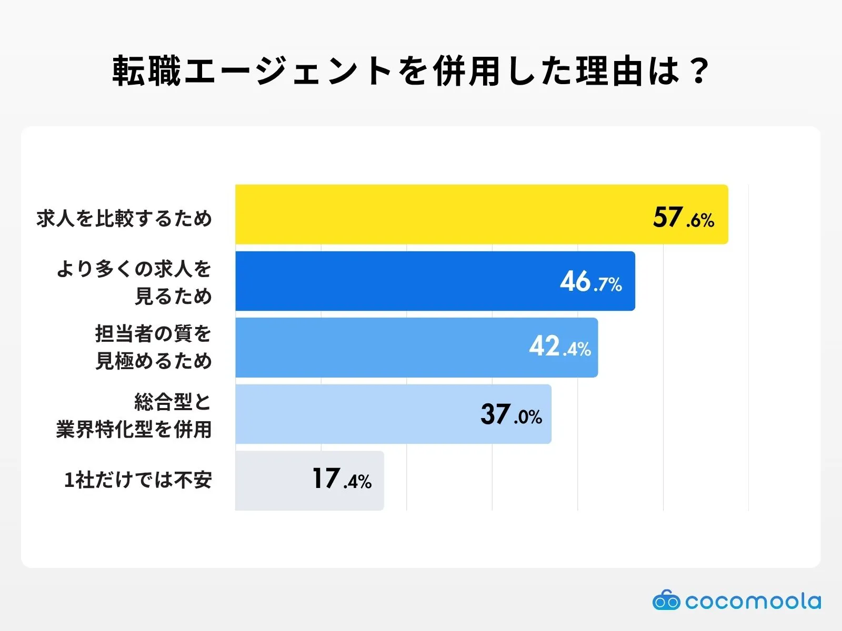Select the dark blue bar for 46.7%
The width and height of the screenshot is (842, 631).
395,281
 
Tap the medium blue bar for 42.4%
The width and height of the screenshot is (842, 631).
379,348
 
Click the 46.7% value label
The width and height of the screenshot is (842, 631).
590,282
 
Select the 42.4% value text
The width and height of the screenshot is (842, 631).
560,348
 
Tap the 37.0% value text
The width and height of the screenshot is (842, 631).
511,415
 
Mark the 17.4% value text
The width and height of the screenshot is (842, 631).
342,480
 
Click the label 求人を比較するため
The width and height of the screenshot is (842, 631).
124,218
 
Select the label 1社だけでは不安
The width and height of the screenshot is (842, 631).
138,480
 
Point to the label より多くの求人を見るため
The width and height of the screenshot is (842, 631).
134,282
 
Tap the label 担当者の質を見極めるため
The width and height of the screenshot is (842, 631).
153,348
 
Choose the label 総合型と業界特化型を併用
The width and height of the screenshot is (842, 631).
134,415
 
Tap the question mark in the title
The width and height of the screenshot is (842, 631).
699,71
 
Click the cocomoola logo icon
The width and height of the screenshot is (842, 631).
666,601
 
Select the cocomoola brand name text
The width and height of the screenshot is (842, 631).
753,601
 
